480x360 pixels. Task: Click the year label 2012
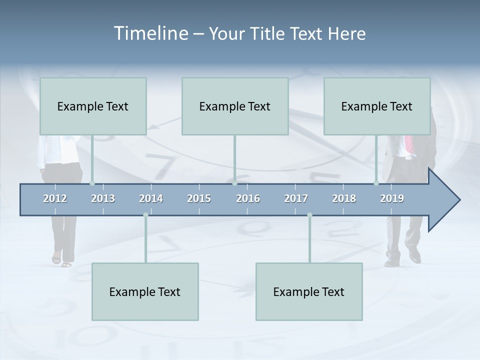click(x=55, y=199)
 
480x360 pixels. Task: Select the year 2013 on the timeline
click(x=103, y=199)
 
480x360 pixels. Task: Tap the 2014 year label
click(x=151, y=199)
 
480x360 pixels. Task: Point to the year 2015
click(x=199, y=199)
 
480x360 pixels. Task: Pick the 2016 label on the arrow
click(x=248, y=199)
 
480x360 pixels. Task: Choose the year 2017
click(x=296, y=199)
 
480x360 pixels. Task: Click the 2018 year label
click(x=344, y=199)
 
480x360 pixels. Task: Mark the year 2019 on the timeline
click(x=392, y=199)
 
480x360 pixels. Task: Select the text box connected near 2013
click(x=93, y=106)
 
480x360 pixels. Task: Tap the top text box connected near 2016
click(x=235, y=106)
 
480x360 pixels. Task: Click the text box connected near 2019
click(x=377, y=106)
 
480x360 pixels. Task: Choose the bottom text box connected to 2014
click(x=145, y=292)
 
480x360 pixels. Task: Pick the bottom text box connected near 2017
click(x=309, y=292)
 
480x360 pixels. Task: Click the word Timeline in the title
click(x=150, y=33)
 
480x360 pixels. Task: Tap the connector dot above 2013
click(x=92, y=183)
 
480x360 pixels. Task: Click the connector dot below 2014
click(x=145, y=215)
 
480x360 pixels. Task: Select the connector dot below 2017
click(x=309, y=215)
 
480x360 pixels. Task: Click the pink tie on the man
click(x=409, y=145)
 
